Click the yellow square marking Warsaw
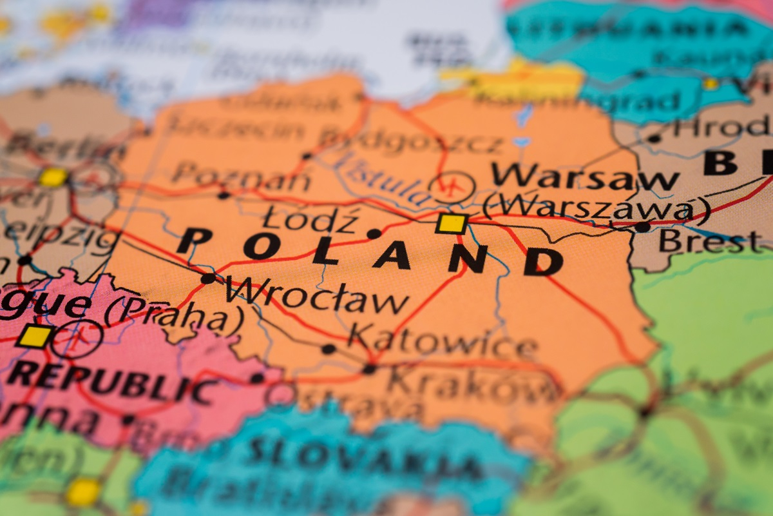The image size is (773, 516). coord(451,223)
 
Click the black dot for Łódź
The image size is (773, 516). coord(374,233)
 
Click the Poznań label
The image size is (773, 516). coord(242,175)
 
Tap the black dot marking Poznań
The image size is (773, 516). coord(224,194)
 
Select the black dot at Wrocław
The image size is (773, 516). coord(208,278)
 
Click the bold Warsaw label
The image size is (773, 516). coord(584,176)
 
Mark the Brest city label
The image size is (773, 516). coord(709,242)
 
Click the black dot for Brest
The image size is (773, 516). coord(642,227)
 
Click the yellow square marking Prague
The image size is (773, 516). coord(35,336)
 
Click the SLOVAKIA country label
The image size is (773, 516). coord(365,454)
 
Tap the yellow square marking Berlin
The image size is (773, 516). coord(53,177)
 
